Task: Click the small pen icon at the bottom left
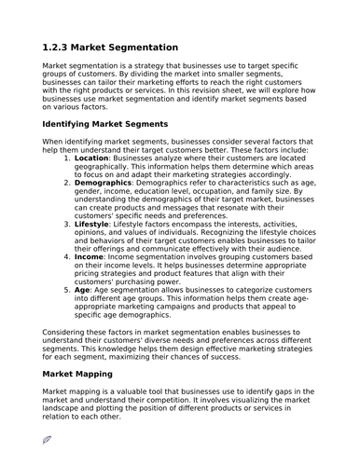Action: click(47, 437)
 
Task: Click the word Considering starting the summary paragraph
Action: click(68, 332)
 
